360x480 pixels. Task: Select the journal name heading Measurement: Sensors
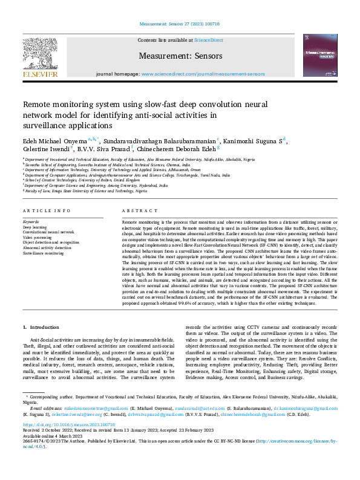[x=179, y=55]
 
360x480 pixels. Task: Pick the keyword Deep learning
[x=35, y=227]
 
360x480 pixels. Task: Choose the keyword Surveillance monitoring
[x=44, y=253]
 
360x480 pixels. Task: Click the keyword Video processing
[x=38, y=238]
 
